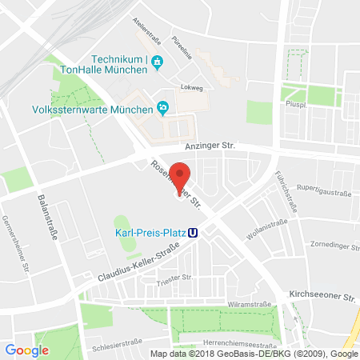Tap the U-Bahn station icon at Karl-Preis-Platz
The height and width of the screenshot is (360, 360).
click(194, 234)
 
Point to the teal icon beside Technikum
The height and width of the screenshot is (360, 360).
click(157, 61)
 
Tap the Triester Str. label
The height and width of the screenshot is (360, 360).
click(177, 278)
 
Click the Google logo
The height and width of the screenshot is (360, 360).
click(26, 350)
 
